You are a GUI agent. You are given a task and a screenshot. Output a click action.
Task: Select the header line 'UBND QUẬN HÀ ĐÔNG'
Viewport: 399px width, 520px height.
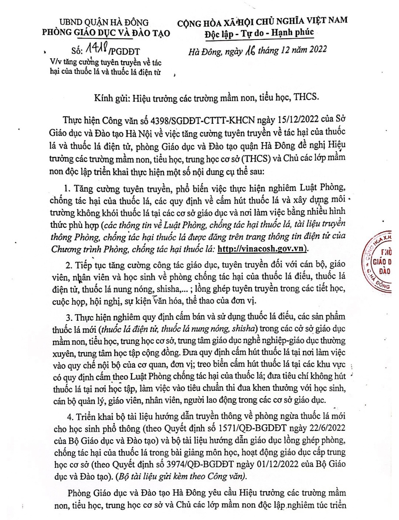104,23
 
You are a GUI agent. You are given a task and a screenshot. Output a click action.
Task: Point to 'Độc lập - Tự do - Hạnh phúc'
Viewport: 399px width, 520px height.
259,33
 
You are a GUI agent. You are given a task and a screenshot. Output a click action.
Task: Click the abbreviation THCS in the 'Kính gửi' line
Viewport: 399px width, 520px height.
306,97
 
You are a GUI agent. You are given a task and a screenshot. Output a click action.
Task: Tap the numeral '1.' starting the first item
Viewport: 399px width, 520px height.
67,189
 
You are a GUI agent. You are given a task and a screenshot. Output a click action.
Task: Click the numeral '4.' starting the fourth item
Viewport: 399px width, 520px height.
70,416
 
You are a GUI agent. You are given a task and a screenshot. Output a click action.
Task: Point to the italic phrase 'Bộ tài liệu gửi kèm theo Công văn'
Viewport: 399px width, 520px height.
181,476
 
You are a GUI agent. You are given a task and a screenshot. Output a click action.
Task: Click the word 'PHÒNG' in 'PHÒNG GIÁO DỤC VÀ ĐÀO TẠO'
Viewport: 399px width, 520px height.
57,33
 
